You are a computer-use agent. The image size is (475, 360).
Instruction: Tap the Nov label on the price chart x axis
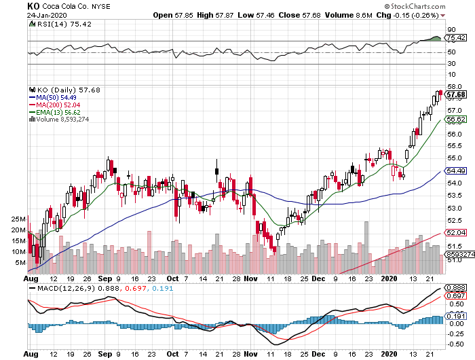tap(251, 278)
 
